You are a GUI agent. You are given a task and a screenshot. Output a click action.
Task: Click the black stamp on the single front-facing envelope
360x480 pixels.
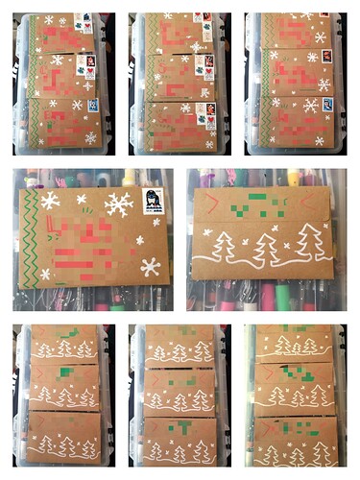pos(153,201)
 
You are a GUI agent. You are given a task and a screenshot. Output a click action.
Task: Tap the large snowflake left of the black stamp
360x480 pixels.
pos(119,204)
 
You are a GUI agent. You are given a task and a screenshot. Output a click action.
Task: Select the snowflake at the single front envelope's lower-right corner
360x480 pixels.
pos(150,266)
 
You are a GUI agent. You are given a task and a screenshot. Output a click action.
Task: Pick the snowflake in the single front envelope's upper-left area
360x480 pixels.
pos(50,201)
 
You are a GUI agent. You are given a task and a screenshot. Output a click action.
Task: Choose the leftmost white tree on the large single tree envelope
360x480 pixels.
pos(224,248)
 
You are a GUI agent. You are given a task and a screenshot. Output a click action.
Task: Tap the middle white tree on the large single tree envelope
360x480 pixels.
pos(268,248)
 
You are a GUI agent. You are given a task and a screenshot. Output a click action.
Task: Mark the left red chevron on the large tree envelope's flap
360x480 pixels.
pos(213,203)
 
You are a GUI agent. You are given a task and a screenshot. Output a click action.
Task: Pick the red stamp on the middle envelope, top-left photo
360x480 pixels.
pos(89,63)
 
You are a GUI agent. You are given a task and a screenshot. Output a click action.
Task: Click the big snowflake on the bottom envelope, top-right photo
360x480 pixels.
pos(312,106)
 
